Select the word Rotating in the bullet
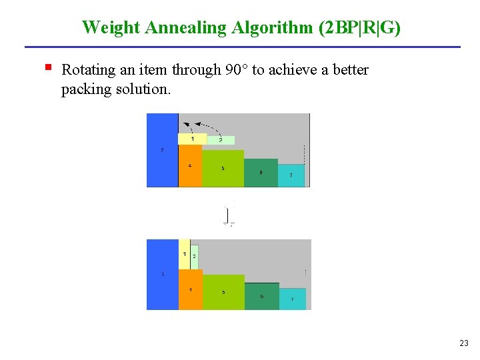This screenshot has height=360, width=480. click(86, 70)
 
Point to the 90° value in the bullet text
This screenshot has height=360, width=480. click(235, 70)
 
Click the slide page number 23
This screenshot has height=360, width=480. click(464, 343)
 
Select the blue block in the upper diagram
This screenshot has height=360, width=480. click(162, 149)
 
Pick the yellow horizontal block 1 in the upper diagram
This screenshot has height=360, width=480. click(191, 139)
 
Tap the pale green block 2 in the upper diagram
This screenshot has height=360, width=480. click(221, 140)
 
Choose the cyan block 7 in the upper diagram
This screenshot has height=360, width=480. click(290, 175)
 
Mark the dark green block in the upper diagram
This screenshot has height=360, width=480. click(261, 173)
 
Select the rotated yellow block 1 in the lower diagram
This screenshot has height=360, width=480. click(184, 254)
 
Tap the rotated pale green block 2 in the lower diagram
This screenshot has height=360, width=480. click(194, 256)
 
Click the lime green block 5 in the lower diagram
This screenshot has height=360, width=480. click(223, 291)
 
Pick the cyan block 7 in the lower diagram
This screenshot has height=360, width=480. click(292, 299)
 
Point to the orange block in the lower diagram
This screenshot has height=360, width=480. click(190, 289)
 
